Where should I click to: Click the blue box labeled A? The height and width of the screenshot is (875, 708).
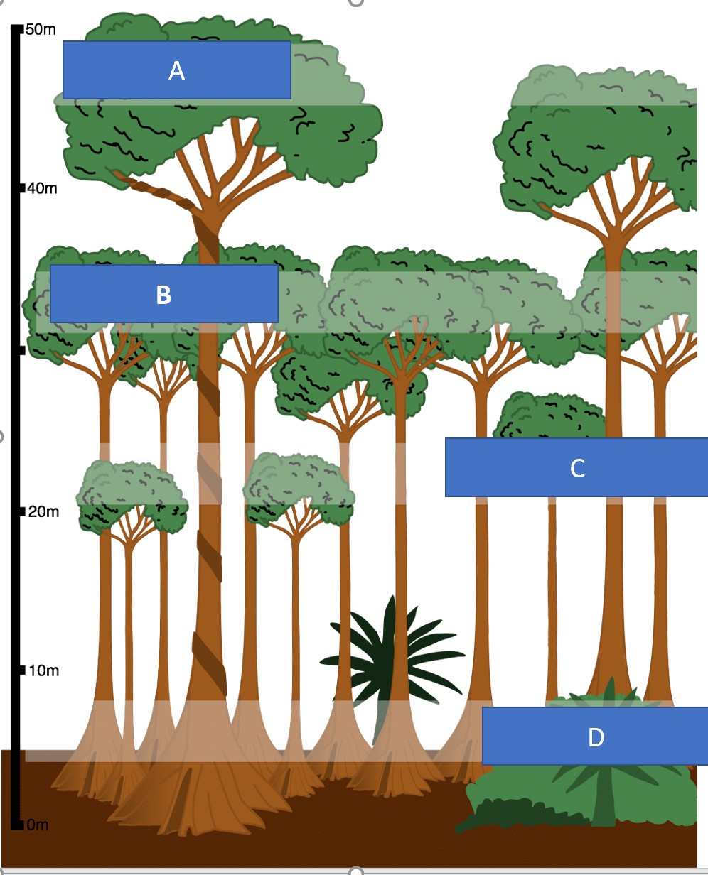(176, 70)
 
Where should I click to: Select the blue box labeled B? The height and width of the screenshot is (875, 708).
(163, 294)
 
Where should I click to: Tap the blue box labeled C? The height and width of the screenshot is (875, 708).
(576, 467)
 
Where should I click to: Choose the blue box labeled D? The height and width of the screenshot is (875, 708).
(595, 737)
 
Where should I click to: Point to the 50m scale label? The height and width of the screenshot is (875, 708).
(40, 30)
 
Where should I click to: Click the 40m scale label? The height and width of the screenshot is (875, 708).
(42, 189)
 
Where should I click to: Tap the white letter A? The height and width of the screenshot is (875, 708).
(176, 70)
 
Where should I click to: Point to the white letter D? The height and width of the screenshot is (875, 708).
(596, 737)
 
